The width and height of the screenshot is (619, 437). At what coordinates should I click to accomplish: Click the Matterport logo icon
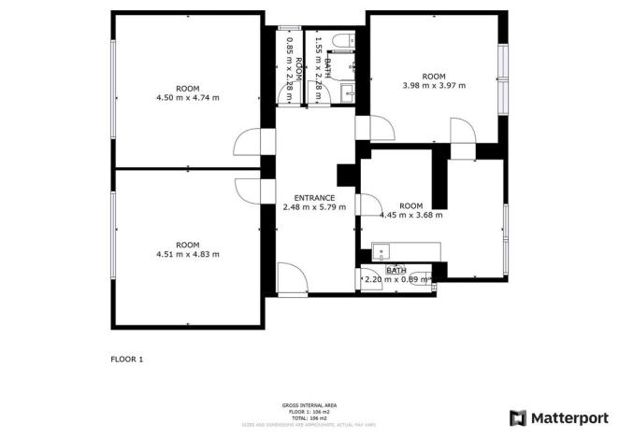point(517,417)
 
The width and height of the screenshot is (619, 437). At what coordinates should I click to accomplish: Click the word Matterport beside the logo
point(567,417)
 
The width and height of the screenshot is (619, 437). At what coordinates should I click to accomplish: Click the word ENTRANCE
point(314,198)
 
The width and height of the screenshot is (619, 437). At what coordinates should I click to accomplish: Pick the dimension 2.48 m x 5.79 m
point(314,207)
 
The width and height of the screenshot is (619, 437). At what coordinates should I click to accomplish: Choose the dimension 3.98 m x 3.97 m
point(434,85)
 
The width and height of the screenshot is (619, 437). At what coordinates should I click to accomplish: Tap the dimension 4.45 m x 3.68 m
point(411,215)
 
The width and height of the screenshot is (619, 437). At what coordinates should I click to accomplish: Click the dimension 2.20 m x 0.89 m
point(396,279)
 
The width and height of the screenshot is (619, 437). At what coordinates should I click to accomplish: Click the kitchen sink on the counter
point(382,251)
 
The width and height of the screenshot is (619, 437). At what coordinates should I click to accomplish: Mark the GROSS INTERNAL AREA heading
point(309,405)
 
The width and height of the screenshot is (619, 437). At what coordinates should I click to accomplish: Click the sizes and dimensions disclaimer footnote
point(309,424)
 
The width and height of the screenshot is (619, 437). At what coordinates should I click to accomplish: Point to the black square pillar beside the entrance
point(344,175)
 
